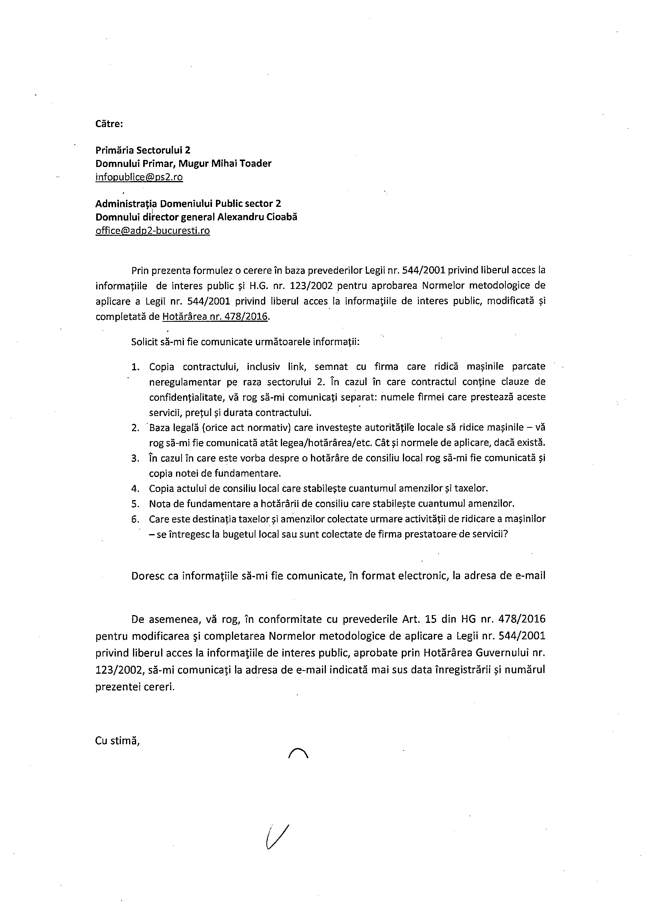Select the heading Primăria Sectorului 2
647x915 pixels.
(143, 150)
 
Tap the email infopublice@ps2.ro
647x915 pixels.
(139, 177)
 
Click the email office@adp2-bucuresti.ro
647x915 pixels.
(153, 231)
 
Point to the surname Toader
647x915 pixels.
(256, 163)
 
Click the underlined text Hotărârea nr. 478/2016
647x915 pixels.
(215, 317)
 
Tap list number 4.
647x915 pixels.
(135, 488)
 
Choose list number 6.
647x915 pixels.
(135, 519)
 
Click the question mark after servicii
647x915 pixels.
(505, 535)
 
